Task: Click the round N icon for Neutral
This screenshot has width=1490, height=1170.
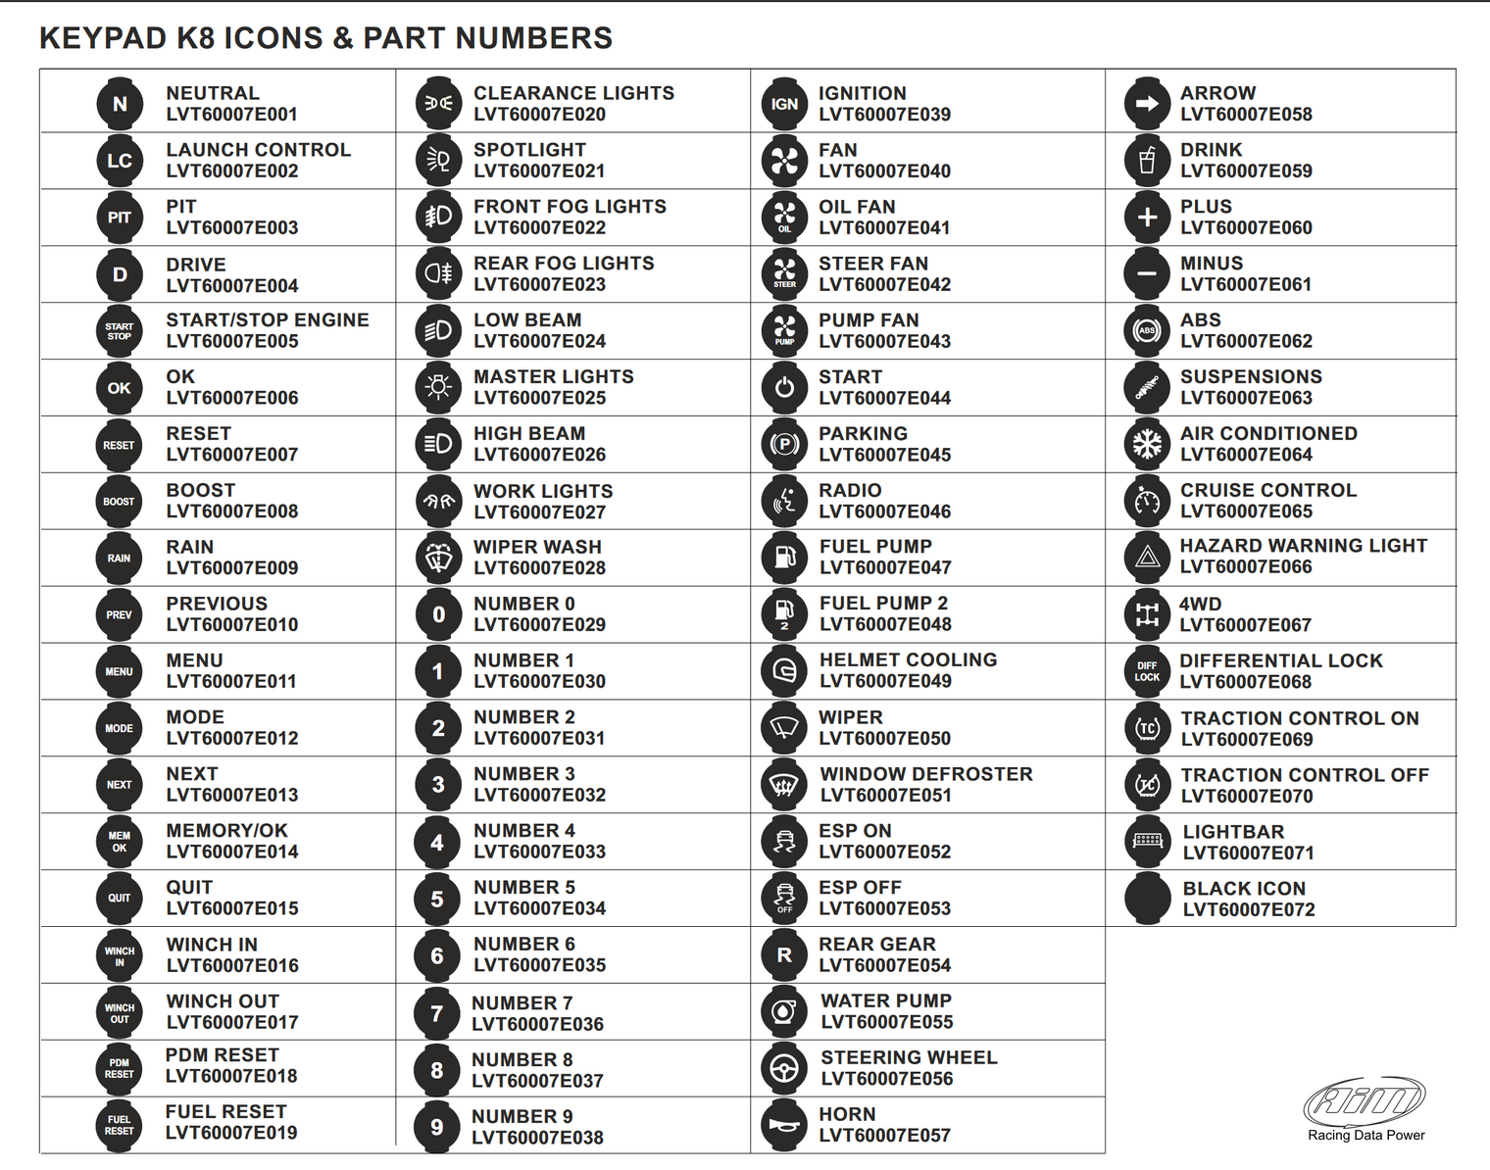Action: point(120,104)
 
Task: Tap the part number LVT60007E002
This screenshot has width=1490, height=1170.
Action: point(231,171)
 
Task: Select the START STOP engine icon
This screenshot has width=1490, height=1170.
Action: point(120,331)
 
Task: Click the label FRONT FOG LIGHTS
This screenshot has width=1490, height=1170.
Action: point(570,207)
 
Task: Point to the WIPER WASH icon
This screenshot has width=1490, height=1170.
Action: point(438,558)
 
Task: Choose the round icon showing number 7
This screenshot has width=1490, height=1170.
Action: point(437,1013)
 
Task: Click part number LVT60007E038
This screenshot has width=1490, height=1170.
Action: point(537,1138)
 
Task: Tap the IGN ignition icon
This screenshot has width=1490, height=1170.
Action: point(784,104)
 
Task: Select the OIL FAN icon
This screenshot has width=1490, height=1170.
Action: point(784,218)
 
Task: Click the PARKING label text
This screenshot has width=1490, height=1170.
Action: point(863,433)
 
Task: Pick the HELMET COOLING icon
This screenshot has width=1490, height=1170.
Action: point(784,671)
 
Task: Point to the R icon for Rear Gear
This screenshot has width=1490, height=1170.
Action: point(784,955)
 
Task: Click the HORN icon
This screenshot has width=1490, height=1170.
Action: point(784,1126)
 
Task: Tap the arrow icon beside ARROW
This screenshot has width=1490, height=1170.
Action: point(1147,104)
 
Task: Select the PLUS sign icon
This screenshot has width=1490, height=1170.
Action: point(1147,218)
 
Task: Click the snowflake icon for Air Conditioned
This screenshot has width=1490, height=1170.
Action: point(1147,444)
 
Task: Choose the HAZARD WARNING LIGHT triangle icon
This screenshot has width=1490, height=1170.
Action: point(1147,558)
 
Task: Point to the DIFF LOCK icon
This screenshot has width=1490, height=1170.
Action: point(1147,671)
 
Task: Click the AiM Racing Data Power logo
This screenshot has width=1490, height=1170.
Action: point(1366,1107)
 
